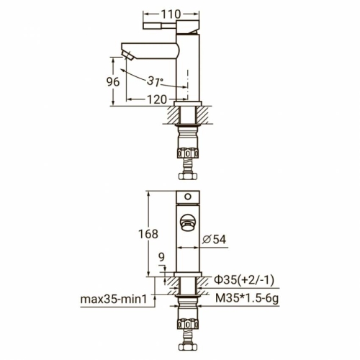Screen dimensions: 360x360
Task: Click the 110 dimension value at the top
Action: [171, 14]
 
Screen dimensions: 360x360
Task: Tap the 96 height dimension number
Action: [113, 82]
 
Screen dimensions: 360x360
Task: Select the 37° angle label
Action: [155, 81]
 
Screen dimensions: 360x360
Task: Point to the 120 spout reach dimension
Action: [156, 99]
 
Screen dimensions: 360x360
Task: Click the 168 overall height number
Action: [148, 234]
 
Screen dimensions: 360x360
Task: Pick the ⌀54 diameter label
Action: [214, 239]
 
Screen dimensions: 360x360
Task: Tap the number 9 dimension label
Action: [161, 257]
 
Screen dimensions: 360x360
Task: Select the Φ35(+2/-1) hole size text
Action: [244, 280]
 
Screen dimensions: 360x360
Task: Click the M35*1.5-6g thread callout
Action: [247, 298]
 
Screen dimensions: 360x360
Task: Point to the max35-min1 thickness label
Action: [114, 300]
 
